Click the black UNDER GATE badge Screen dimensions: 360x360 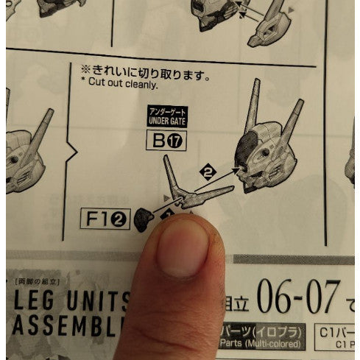click(167, 115)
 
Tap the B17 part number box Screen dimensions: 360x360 click(167, 139)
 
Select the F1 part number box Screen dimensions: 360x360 click(107, 217)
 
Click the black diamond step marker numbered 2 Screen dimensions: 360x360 click(207, 173)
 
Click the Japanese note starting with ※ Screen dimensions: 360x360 click(146, 72)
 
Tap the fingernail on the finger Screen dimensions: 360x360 click(181, 249)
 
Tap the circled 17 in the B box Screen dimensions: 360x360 click(175, 139)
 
